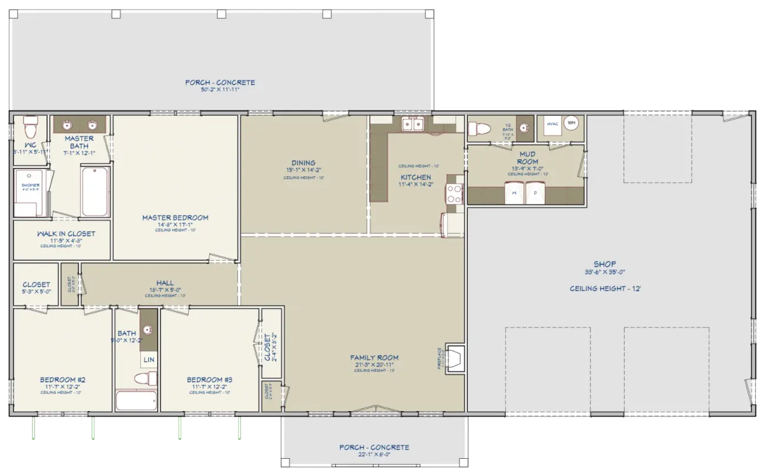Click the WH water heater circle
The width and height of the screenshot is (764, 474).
[x=571, y=123]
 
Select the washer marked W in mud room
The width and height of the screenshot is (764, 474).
[x=514, y=193]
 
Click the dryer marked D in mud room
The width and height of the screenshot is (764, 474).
[x=535, y=193]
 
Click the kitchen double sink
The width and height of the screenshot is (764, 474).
[x=413, y=124]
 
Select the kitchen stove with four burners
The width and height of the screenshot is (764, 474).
[x=454, y=193]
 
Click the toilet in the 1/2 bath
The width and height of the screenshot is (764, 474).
[x=480, y=128]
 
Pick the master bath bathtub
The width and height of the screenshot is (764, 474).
[x=94, y=191]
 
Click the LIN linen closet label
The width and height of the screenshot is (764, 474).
[x=149, y=359]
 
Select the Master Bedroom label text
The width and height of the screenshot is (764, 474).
[x=175, y=218]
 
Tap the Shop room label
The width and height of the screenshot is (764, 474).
[x=605, y=264]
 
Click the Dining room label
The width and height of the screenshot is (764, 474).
[x=303, y=163]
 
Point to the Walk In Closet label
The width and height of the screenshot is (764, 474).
[x=66, y=234]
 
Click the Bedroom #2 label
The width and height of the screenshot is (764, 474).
[x=63, y=379]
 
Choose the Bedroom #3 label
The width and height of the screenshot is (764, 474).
[x=210, y=380]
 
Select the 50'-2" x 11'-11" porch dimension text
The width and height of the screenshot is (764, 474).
[x=220, y=90]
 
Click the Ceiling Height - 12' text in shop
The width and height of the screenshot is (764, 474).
[x=605, y=288]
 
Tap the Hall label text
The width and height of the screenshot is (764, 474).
[x=165, y=283]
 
